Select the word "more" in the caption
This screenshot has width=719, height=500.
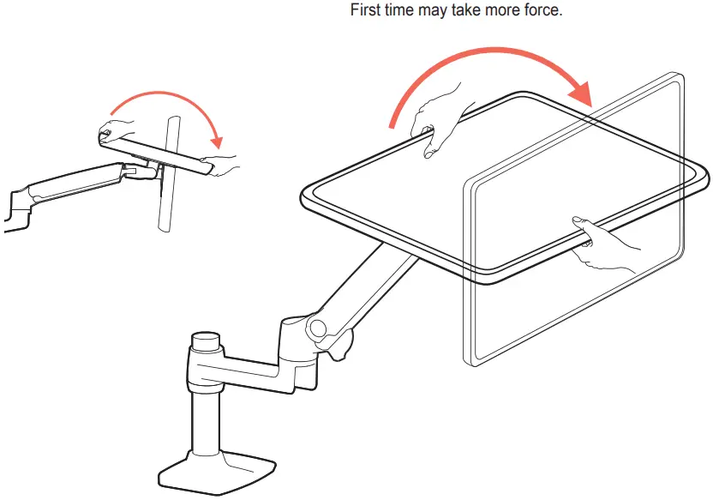(500, 12)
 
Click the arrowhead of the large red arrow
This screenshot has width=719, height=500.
(583, 92)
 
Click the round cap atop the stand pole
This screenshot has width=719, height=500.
(205, 342)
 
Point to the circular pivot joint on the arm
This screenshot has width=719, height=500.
(318, 328)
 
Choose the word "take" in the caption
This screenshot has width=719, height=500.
(464, 12)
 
